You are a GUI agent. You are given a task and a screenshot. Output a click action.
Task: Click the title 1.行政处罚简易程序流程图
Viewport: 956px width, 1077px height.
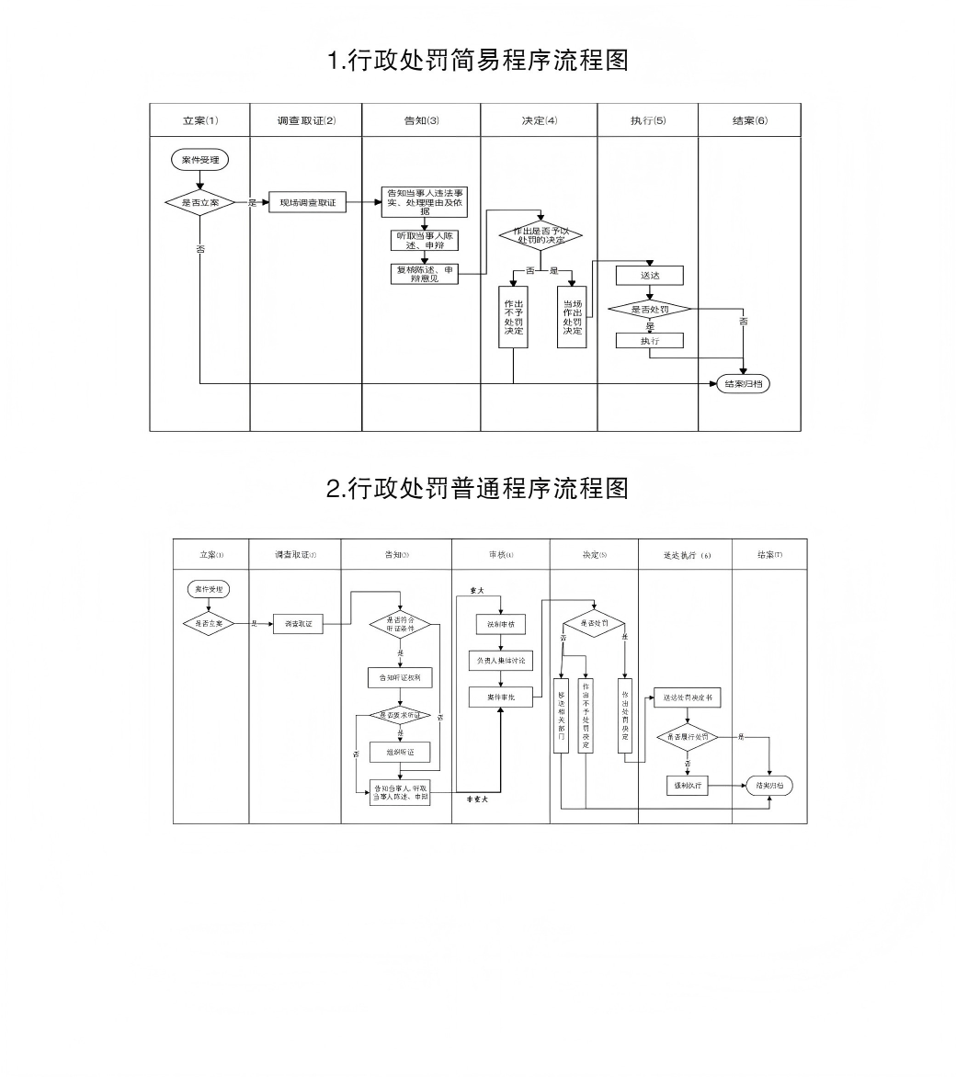pyautogui.click(x=478, y=62)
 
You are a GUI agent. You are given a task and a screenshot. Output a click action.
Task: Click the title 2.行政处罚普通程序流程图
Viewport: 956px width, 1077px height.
pyautogui.click(x=478, y=488)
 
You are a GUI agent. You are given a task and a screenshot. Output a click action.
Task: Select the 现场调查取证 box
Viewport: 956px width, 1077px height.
pyautogui.click(x=308, y=202)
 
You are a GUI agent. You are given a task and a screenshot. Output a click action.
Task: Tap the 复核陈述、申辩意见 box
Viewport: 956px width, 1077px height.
pyautogui.click(x=425, y=274)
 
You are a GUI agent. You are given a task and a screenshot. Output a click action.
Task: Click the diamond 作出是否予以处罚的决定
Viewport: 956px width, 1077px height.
pyautogui.click(x=540, y=236)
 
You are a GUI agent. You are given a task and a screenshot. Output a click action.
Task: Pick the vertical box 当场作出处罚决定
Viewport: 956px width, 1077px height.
pyautogui.click(x=572, y=317)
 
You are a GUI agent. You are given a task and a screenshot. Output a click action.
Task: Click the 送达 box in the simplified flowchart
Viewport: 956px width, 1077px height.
pyautogui.click(x=650, y=276)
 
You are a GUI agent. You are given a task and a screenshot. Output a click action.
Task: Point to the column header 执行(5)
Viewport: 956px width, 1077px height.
pyautogui.click(x=648, y=120)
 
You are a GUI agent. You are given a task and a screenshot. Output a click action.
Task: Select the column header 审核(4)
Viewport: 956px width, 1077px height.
pyautogui.click(x=501, y=555)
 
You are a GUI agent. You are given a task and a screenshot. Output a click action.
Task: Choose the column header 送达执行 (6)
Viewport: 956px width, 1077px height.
pyautogui.click(x=686, y=555)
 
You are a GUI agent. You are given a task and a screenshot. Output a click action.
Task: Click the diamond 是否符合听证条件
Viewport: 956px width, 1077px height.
pyautogui.click(x=400, y=624)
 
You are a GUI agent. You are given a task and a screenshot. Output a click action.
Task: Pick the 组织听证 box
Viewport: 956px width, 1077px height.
pyautogui.click(x=400, y=752)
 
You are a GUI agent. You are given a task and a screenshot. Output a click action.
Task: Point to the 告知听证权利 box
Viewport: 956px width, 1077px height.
pyautogui.click(x=400, y=677)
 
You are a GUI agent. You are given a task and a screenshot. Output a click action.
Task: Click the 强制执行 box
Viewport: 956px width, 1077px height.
pyautogui.click(x=687, y=786)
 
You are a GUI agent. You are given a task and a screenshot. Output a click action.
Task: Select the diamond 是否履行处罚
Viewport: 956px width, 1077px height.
pyautogui.click(x=687, y=737)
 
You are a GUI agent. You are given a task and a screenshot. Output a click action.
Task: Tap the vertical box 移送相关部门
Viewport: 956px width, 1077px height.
pyautogui.click(x=561, y=717)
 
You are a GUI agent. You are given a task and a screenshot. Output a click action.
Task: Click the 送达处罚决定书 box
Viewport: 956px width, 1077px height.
pyautogui.click(x=687, y=697)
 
